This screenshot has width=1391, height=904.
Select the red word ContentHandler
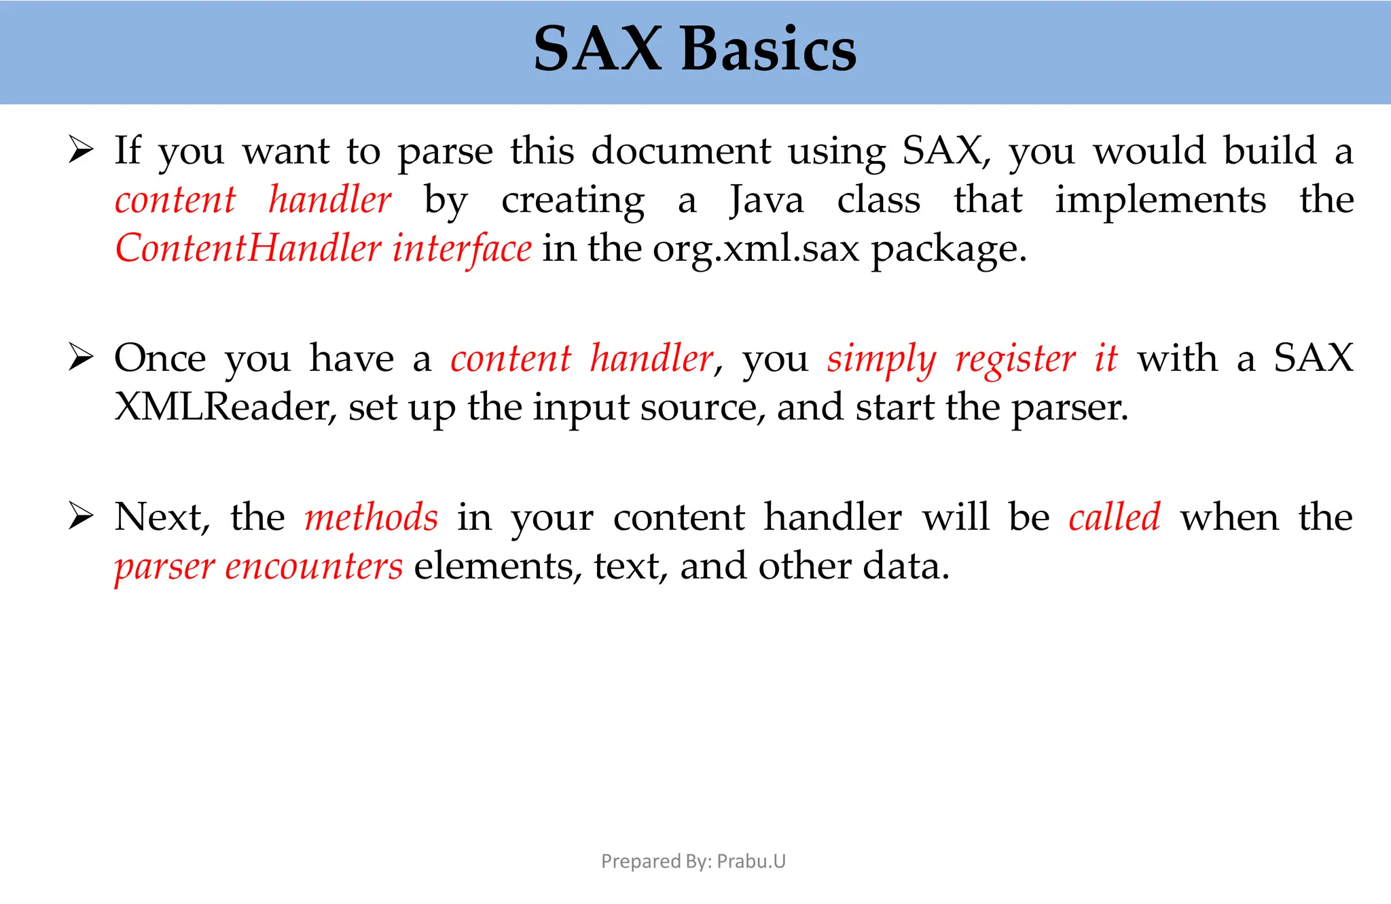coord(248,249)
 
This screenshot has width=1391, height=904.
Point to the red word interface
coord(462,249)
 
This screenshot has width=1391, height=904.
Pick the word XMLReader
coord(225,408)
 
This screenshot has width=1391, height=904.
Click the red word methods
coord(372,518)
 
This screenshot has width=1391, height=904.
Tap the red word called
coord(1115,518)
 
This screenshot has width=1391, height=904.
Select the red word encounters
coord(314,566)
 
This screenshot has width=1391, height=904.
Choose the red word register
coord(1015,359)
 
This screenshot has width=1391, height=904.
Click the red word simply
coord(882,359)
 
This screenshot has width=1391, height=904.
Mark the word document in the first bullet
coord(681,151)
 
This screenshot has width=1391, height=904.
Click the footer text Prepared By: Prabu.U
coord(693,861)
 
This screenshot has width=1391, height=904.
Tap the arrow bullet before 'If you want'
coord(81,150)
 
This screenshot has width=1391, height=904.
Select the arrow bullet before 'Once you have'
coord(81,358)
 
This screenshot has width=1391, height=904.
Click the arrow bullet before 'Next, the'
coord(81,517)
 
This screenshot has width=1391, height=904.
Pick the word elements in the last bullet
coord(498,566)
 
